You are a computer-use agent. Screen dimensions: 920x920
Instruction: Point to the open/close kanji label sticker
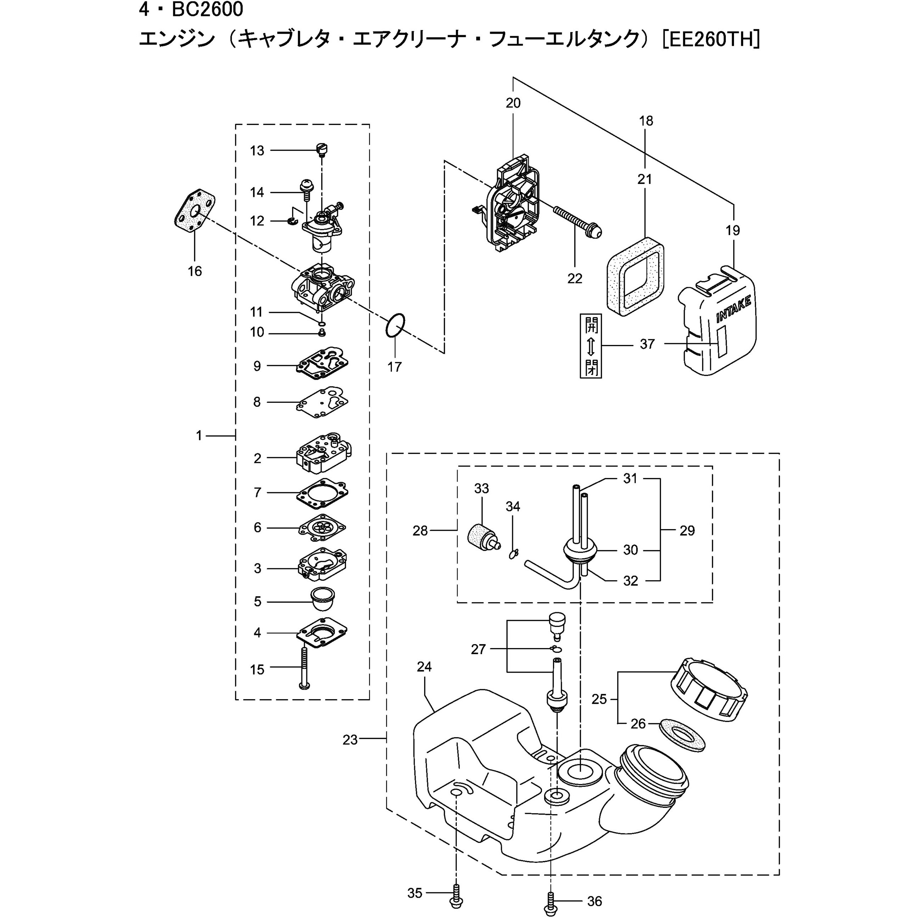point(591,346)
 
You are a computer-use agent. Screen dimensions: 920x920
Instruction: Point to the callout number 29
point(687,531)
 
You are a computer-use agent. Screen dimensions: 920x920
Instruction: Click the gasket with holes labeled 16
point(194,212)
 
